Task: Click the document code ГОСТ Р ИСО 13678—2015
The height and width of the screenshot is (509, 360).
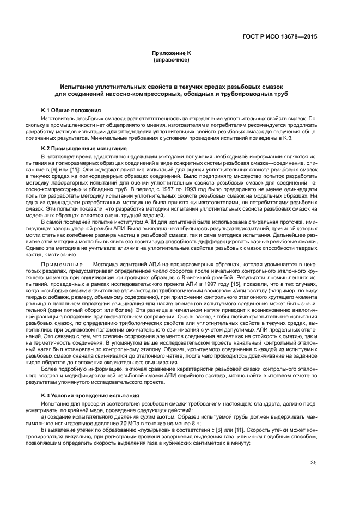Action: coord(280,37)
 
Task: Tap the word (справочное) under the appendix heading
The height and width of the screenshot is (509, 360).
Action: coord(171,60)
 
